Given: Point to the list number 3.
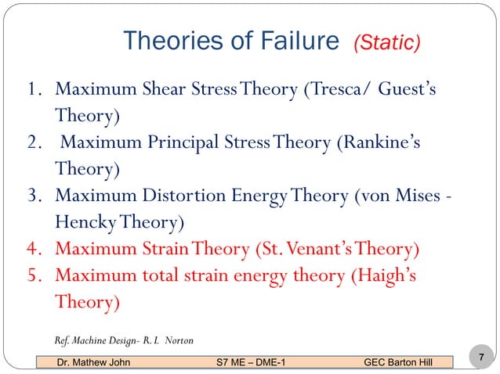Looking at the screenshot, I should pos(31,196).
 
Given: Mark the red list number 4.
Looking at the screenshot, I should pos(31,250).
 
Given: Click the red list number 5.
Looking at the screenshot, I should pos(31,277).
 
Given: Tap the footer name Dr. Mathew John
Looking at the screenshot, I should pos(90,362).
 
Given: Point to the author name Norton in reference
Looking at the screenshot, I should pos(176,340).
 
